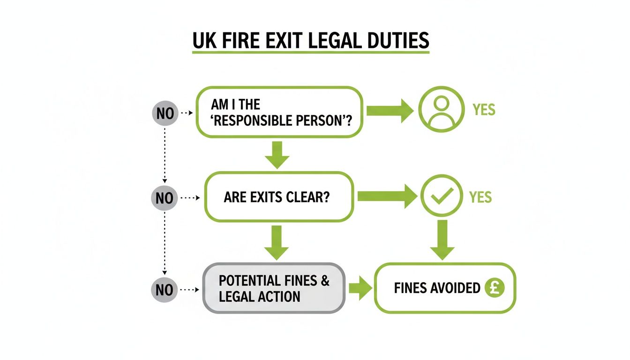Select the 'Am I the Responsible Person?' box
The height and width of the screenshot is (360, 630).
click(x=279, y=112)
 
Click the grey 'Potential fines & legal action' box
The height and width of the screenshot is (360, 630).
click(x=274, y=288)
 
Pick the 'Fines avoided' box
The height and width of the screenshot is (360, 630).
click(x=444, y=288)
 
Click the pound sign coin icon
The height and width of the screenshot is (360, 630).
click(x=495, y=287)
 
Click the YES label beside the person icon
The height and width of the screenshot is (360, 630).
click(x=484, y=110)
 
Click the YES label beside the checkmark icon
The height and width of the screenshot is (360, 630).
click(x=480, y=197)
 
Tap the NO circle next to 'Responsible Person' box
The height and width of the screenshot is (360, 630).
click(x=165, y=113)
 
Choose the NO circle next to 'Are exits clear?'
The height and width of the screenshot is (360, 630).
click(x=164, y=198)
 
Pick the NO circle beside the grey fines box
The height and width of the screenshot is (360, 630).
click(x=164, y=290)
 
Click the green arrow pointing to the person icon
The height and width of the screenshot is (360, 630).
click(x=389, y=111)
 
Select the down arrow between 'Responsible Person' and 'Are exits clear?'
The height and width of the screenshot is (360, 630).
click(x=277, y=154)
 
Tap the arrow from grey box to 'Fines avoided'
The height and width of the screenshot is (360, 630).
click(x=359, y=288)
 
